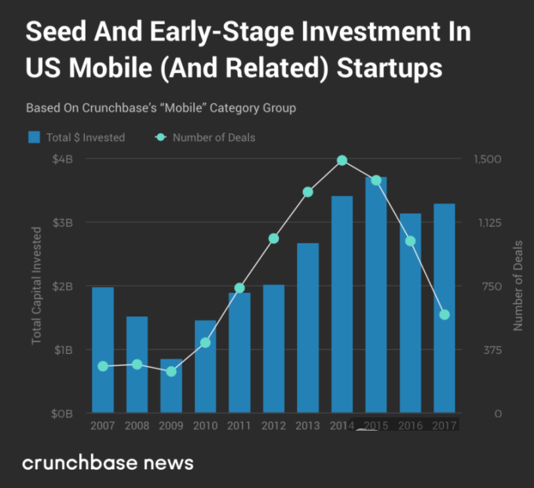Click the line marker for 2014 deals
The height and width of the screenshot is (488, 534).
pyautogui.click(x=342, y=160)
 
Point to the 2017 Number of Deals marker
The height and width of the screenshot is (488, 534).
pyautogui.click(x=444, y=315)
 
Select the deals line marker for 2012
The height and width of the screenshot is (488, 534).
pyautogui.click(x=274, y=239)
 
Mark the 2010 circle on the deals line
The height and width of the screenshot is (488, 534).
pyautogui.click(x=206, y=343)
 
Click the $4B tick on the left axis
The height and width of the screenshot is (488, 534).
pyautogui.click(x=64, y=159)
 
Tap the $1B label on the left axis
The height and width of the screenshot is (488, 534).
pyautogui.click(x=64, y=350)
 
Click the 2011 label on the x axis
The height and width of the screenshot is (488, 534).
pyautogui.click(x=240, y=425)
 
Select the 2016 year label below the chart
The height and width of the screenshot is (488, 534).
pyautogui.click(x=410, y=425)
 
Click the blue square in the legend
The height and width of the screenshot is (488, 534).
pyautogui.click(x=34, y=137)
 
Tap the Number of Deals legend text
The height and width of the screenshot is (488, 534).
pyautogui.click(x=214, y=137)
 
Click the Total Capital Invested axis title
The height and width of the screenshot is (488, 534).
pyautogui.click(x=36, y=286)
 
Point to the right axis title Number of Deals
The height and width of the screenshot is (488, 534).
pyautogui.click(x=518, y=286)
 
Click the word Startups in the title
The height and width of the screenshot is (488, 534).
pyautogui.click(x=390, y=68)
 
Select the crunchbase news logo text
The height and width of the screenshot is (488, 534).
pyautogui.click(x=108, y=462)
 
